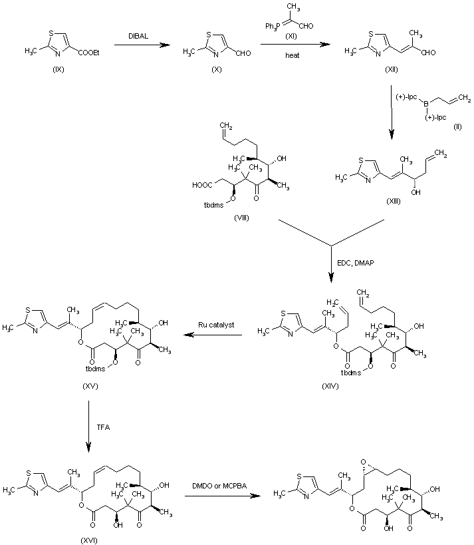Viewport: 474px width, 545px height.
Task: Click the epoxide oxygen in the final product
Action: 366,459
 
